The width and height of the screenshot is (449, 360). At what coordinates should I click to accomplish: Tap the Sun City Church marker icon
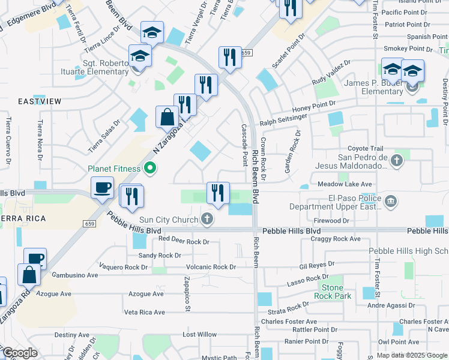(x=207, y=220)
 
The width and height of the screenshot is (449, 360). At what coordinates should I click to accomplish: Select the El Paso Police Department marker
(x=390, y=200)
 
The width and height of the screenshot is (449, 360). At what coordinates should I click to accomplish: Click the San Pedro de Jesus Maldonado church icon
(x=396, y=160)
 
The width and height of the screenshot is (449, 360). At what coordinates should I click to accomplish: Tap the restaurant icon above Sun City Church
(x=218, y=193)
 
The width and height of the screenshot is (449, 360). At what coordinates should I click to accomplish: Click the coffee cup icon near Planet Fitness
(x=103, y=188)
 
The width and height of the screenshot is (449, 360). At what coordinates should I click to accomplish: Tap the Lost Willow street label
(x=199, y=334)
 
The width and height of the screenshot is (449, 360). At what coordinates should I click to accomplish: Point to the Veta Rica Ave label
(x=144, y=312)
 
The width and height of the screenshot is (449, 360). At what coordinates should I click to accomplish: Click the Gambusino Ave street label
(x=74, y=275)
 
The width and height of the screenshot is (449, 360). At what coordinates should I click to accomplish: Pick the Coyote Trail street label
(x=365, y=149)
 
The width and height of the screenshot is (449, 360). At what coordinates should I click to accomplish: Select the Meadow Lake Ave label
(x=345, y=184)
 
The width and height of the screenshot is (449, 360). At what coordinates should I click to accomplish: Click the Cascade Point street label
(x=244, y=146)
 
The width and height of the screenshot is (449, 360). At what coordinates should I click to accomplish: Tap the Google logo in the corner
(x=20, y=353)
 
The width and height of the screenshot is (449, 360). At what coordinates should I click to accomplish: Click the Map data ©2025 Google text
(x=411, y=355)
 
